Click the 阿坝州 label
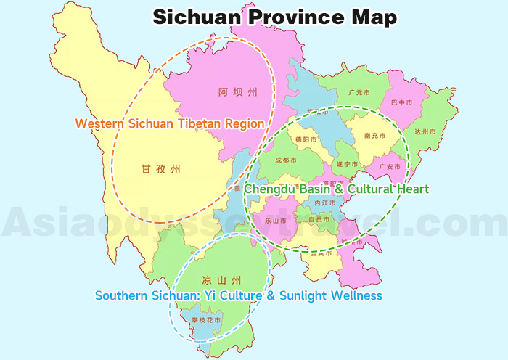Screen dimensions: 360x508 238,92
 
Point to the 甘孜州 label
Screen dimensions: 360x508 160,169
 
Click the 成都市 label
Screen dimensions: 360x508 286,160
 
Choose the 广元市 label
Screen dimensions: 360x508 359,93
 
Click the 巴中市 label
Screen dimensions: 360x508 401,103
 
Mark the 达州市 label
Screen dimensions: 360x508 425,131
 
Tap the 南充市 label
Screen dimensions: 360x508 374,136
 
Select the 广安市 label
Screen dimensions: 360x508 390,166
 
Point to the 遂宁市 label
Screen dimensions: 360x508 347,164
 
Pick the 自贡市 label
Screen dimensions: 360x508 319,218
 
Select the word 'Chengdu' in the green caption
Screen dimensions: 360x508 272,189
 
